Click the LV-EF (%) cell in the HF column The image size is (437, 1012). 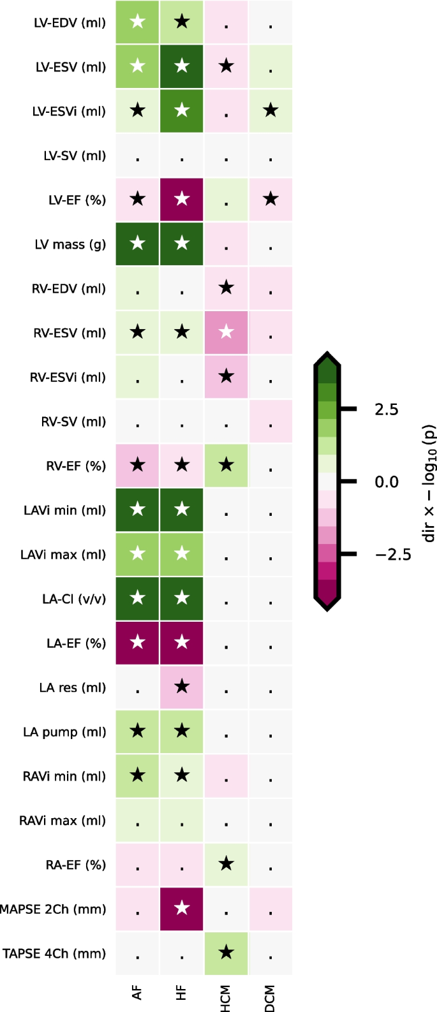(182, 200)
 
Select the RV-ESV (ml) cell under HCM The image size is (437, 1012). (226, 333)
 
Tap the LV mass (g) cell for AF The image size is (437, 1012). (137, 244)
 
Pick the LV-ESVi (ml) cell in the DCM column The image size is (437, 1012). (270, 111)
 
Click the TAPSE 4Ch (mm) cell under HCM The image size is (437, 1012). (226, 953)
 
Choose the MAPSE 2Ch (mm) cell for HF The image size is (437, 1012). (182, 909)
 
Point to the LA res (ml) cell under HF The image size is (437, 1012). (182, 687)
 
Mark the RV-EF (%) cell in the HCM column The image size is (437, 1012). (226, 466)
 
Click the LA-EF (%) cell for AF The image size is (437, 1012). (137, 643)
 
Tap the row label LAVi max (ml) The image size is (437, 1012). (63, 555)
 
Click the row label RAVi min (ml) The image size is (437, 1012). (63, 776)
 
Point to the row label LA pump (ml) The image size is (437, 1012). (64, 732)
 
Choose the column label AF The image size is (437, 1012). (137, 992)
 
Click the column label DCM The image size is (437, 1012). (270, 998)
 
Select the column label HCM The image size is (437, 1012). (226, 998)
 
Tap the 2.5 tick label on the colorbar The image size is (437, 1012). (387, 409)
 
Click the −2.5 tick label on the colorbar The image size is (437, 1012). (393, 555)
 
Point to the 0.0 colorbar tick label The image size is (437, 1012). (387, 482)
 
